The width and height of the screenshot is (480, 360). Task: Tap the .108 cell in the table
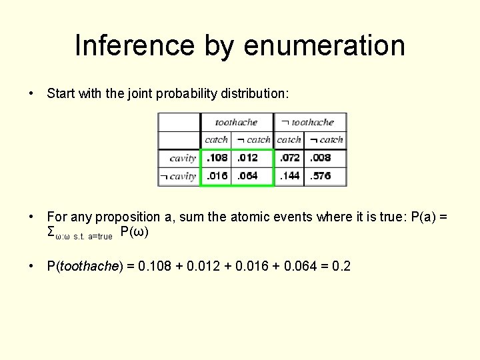pos(217,158)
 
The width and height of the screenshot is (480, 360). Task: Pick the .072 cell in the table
pos(289,158)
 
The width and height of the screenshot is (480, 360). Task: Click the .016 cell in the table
pos(217,176)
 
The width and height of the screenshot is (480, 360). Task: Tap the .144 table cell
pos(289,176)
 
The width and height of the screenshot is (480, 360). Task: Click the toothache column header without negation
pos(236,122)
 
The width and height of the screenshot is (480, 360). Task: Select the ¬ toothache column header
pos(307,122)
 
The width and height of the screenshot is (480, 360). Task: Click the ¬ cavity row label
pos(177,176)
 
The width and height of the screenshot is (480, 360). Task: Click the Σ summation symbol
pos(51,231)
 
